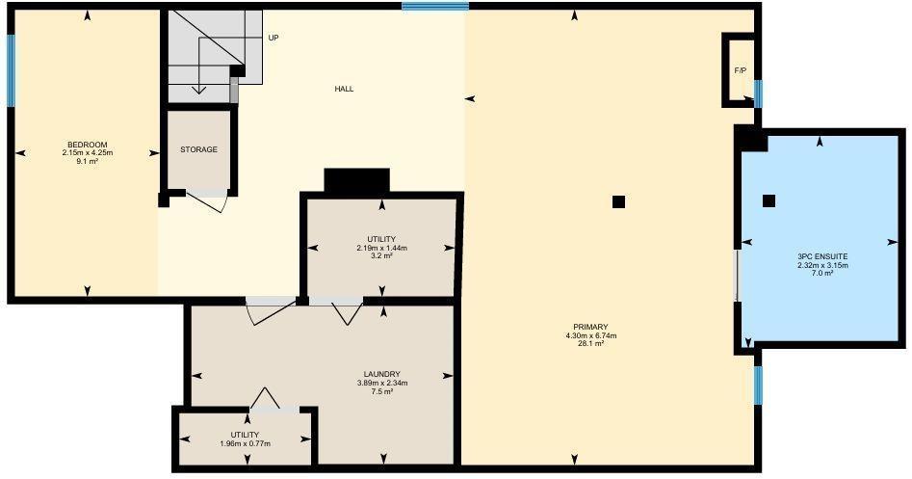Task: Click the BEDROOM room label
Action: (88, 145)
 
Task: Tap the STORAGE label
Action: (198, 149)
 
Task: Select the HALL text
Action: (344, 89)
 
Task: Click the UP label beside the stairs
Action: (274, 38)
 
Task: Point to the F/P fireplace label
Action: (741, 70)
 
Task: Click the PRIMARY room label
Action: (591, 327)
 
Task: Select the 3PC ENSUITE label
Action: (822, 256)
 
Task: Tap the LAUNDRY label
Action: (381, 374)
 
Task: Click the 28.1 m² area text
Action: (591, 343)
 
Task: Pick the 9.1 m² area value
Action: (88, 161)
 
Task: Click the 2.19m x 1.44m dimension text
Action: (381, 248)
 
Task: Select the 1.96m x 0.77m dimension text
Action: (245, 443)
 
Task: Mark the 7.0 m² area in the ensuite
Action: (822, 273)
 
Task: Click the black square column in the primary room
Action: (618, 202)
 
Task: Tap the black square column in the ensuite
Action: (769, 200)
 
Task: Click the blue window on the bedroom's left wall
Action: (11, 71)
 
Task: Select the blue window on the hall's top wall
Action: (435, 7)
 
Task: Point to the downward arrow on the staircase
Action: (199, 64)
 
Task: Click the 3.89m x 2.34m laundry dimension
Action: (381, 383)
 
